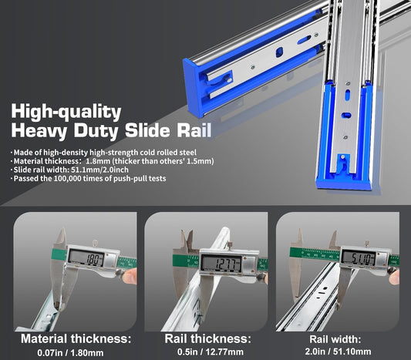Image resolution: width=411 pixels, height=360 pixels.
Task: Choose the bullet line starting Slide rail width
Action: tap(74, 170)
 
